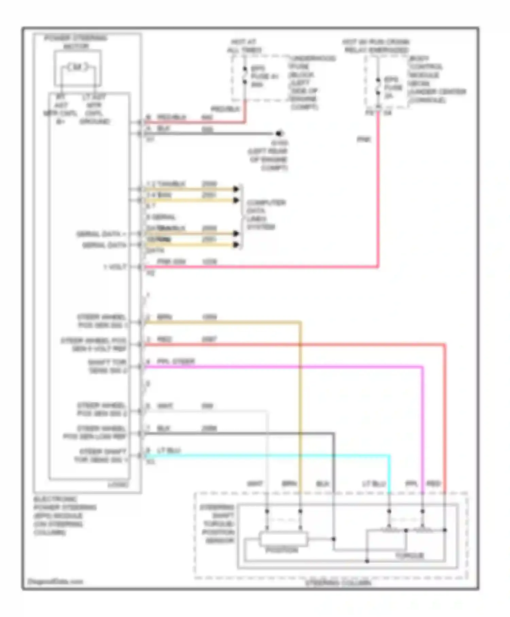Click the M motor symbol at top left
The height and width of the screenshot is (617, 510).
click(x=77, y=67)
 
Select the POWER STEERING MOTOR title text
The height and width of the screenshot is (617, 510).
click(x=76, y=42)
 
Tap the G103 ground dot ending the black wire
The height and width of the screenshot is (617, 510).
click(x=279, y=133)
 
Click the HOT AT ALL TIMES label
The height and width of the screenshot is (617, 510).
click(x=244, y=46)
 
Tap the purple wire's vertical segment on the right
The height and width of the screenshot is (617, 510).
click(x=423, y=429)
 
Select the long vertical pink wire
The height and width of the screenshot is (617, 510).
click(x=378, y=190)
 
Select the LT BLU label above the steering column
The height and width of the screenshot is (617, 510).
click(x=374, y=484)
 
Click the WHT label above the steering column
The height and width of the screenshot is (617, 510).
click(x=255, y=484)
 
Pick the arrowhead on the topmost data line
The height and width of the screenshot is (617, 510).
click(x=236, y=189)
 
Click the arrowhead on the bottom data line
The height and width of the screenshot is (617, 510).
click(x=236, y=245)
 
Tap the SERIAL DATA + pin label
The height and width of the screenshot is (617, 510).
click(x=101, y=234)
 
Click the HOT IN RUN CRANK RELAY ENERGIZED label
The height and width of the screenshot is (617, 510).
click(x=375, y=46)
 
